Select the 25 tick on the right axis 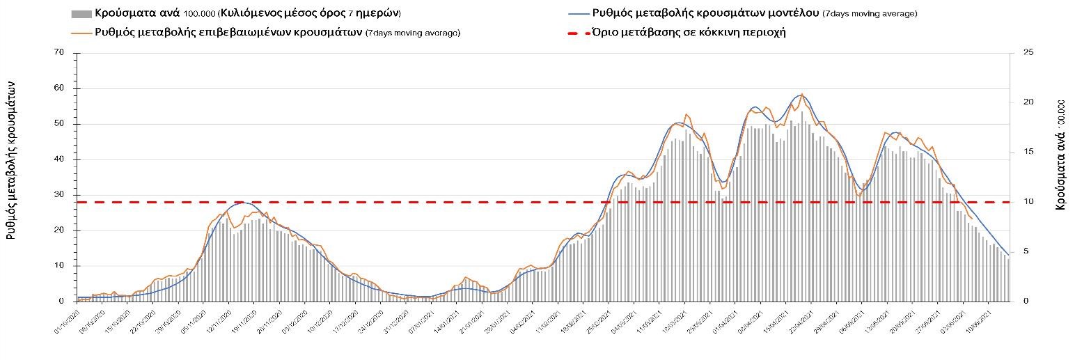(x=1028, y=53)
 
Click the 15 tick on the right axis (x=1028, y=152)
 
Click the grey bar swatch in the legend (x=81, y=14)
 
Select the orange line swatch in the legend (x=81, y=33)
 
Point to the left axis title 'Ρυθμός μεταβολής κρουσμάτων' (x=11, y=160)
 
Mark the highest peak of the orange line (x=801, y=94)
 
